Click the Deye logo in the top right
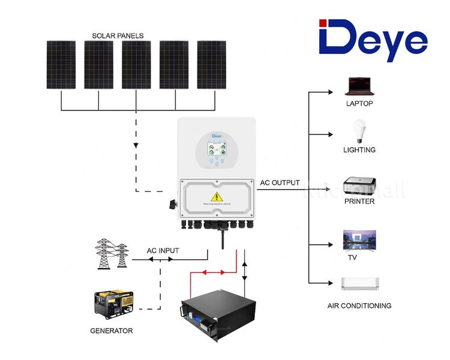[373, 40]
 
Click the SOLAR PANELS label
[118, 35]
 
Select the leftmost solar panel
[61, 65]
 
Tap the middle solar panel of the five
[136, 65]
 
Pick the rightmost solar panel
[211, 65]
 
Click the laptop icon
[359, 86]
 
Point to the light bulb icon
[359, 131]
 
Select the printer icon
[359, 184]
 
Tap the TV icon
[359, 241]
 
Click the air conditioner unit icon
[359, 283]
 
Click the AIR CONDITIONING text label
[359, 305]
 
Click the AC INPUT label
[163, 251]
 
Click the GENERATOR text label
[111, 331]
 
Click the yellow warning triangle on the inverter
[214, 197]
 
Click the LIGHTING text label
[359, 149]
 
